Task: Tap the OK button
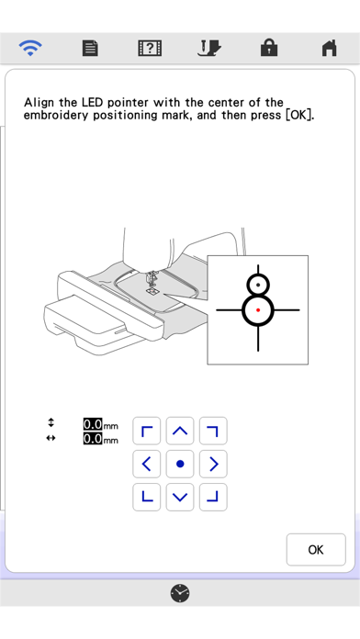pos(316,549)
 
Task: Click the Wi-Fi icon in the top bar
pos(29,48)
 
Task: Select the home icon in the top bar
pos(330,48)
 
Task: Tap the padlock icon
pos(269,48)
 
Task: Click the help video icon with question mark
pos(150,48)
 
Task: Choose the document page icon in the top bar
pos(90,48)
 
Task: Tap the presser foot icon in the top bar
pos(209,48)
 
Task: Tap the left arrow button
pos(146,464)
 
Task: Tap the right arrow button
pos(213,464)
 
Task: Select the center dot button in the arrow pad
pos(180,464)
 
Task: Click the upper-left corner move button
pos(146,431)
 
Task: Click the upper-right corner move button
pos(213,431)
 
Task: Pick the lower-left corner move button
pos(146,498)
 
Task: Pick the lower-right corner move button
pos(213,498)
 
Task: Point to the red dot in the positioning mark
pos(258,310)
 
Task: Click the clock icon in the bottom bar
pos(180,593)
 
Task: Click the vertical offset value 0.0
pos(93,424)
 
